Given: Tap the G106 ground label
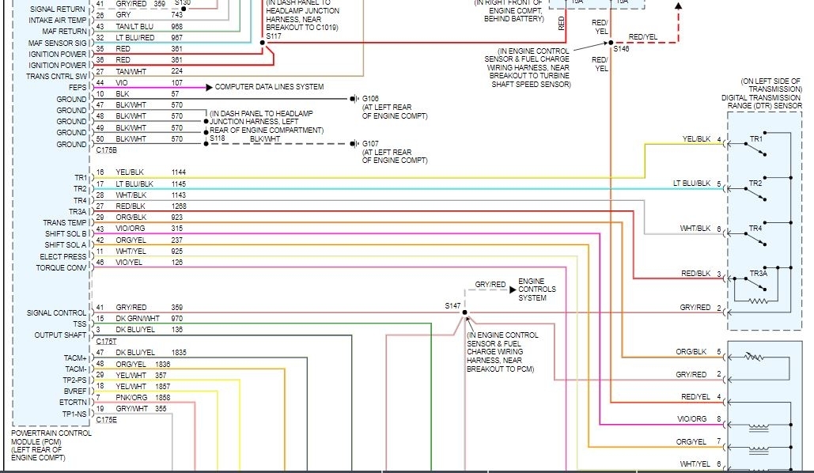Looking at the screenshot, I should (x=371, y=99).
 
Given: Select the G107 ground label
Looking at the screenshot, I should (x=371, y=143).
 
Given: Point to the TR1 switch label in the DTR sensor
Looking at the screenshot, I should (x=756, y=139).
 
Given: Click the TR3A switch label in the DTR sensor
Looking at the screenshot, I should (x=759, y=274).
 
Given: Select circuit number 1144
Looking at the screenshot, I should (x=178, y=172).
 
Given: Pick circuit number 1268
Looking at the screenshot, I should (x=178, y=206).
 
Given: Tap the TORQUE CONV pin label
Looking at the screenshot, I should (x=61, y=267).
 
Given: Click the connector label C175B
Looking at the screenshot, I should (x=106, y=149).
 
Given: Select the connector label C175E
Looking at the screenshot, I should (x=106, y=420).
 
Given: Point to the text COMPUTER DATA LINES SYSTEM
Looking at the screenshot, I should (x=269, y=87).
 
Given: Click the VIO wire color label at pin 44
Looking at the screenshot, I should (x=122, y=82).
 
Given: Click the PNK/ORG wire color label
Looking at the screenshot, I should (x=131, y=396).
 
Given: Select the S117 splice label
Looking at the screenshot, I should (x=273, y=36).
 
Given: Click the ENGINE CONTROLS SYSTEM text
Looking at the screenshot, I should (x=532, y=289).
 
